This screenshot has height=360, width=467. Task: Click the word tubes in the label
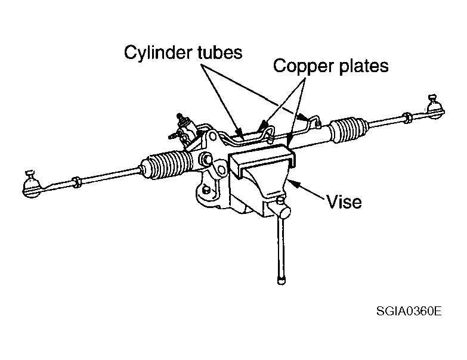[x=220, y=52]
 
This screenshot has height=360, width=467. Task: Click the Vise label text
[x=344, y=201]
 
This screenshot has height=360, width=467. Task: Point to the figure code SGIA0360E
[x=409, y=311]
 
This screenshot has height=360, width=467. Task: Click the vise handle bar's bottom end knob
[x=281, y=281]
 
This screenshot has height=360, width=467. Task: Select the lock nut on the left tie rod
[x=77, y=181]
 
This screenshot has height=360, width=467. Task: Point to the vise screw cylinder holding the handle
[x=282, y=212]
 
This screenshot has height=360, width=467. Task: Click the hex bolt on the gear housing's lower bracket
[x=206, y=190]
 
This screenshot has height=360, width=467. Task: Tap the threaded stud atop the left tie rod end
[x=30, y=174]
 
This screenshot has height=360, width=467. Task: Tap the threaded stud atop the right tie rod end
[x=432, y=98]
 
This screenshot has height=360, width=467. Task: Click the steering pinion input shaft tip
[x=180, y=116]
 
